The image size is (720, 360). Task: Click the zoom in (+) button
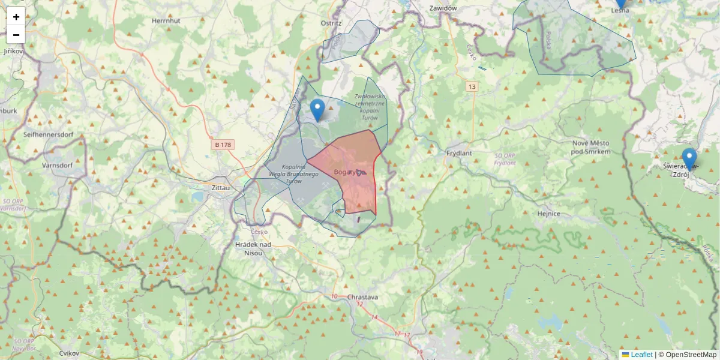coord(16,17)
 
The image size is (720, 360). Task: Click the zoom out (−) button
coord(16,35)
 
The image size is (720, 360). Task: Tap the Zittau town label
coord(221,188)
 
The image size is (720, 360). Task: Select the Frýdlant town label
coord(460,153)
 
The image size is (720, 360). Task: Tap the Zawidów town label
coord(443,8)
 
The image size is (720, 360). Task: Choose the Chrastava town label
coord(362,297)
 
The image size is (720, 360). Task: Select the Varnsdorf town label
coord(57,164)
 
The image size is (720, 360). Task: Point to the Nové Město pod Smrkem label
coord(591,148)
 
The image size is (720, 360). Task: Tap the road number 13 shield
coord(472,87)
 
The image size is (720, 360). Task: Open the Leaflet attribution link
coord(641,355)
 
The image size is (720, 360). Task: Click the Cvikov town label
coord(70,353)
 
